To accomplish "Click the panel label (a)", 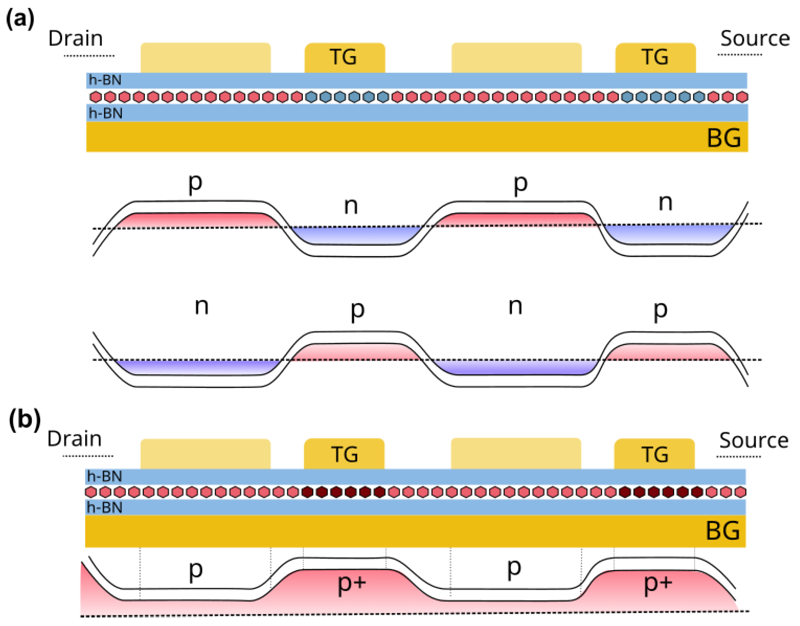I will pos(20,18).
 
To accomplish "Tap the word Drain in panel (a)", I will pos(75,39).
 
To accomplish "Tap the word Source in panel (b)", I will pos(754,440).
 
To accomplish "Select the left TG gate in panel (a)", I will pos(345,57).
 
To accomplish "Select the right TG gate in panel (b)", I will pos(654,454).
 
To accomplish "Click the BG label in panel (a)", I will pos(723,138).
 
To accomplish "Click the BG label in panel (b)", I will pos(722,531).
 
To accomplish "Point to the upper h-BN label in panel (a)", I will pos(105,80).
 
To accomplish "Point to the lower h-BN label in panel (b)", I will pos(104,508).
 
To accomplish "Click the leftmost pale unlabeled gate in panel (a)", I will pos(205,58).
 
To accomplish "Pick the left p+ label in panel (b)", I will pos(352,583).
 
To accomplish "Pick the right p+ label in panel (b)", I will pos(658,583).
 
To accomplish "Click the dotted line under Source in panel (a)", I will pos(739,55).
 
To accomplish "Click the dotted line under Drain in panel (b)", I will pos(88,456).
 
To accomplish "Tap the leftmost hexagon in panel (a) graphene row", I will pos(96,97).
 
